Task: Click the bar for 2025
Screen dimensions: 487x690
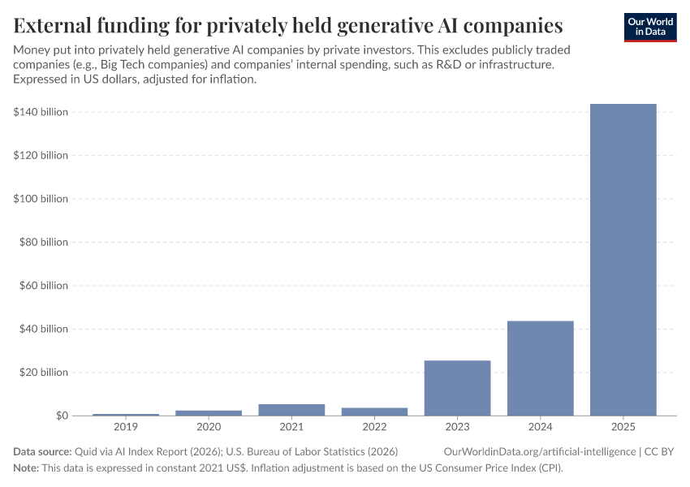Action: point(623,260)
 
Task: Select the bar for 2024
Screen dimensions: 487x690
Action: point(540,368)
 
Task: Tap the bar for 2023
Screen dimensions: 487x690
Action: point(457,388)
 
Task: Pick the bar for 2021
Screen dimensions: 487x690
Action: point(291,410)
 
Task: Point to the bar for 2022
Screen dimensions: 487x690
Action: point(374,412)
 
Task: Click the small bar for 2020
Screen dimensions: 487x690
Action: point(209,412)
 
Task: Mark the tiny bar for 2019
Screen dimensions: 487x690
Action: point(126,414)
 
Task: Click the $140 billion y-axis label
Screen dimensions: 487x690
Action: point(41,112)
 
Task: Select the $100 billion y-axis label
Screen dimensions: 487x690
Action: point(41,199)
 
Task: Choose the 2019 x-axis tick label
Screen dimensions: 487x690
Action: point(126,427)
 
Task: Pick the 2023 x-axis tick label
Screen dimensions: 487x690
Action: point(457,427)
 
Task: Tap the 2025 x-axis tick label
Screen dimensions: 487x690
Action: point(623,427)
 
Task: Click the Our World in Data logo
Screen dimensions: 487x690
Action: point(649,27)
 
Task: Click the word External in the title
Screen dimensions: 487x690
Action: point(56,25)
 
